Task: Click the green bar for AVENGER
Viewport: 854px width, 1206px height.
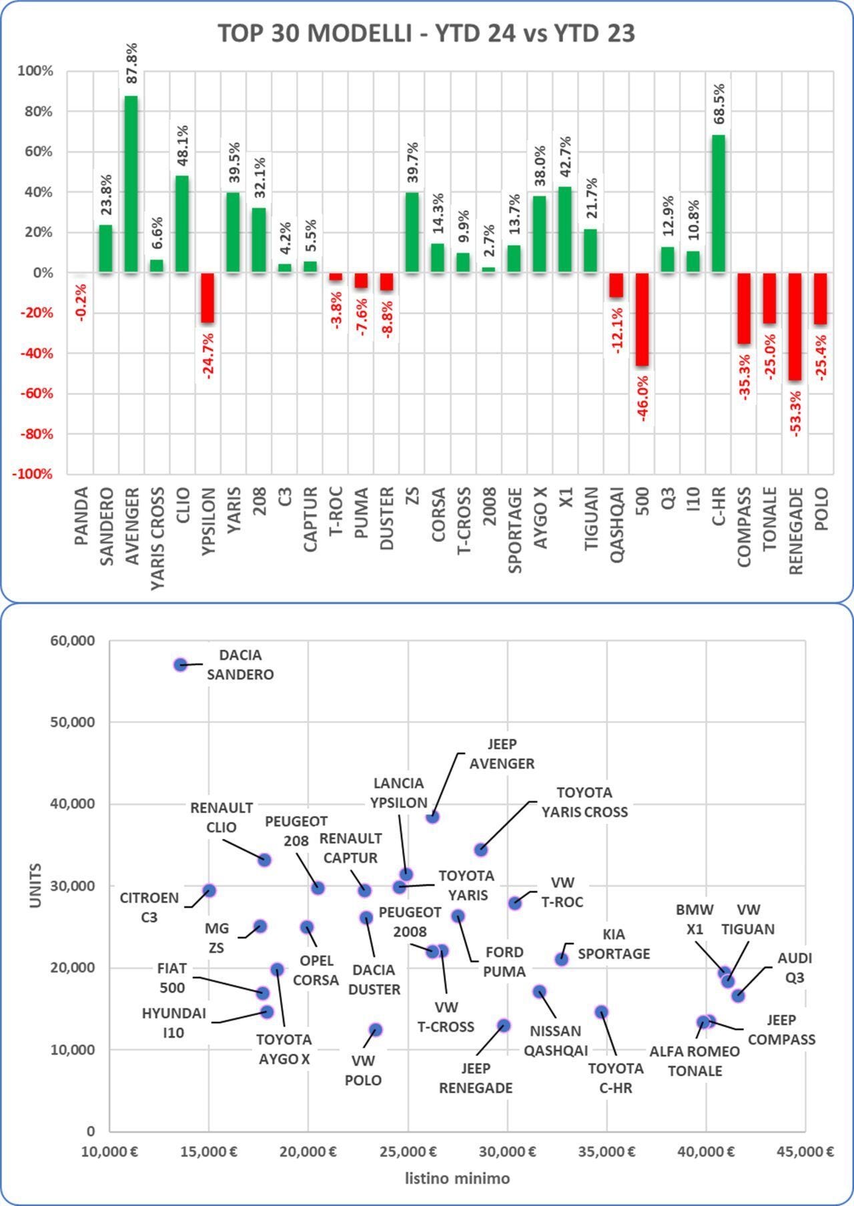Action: pyautogui.click(x=131, y=184)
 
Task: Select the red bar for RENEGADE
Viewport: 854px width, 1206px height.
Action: pyautogui.click(x=795, y=326)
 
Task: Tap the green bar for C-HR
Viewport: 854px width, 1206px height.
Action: pyautogui.click(x=718, y=204)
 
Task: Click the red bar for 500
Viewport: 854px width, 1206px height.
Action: pyautogui.click(x=642, y=319)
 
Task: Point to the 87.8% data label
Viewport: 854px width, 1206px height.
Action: pyautogui.click(x=131, y=63)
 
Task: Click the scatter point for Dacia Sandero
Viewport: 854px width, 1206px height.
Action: pyautogui.click(x=180, y=665)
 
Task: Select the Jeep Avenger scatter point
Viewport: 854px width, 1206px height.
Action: pyautogui.click(x=433, y=816)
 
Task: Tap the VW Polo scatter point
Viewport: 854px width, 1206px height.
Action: pyautogui.click(x=376, y=1030)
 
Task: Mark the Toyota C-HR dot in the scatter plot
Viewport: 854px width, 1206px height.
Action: pyautogui.click(x=601, y=1012)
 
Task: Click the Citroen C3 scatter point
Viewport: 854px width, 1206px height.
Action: pyautogui.click(x=209, y=890)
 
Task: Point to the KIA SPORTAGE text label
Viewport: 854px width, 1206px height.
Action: pyautogui.click(x=613, y=944)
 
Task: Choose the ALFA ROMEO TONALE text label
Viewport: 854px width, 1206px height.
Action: pyautogui.click(x=695, y=1061)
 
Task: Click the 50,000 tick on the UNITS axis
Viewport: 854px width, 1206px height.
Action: pyautogui.click(x=73, y=722)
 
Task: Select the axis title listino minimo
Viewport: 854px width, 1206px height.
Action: pyautogui.click(x=457, y=1179)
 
